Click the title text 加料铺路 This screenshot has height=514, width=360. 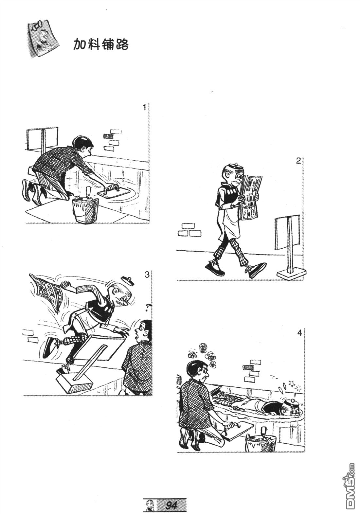pyautogui.click(x=101, y=44)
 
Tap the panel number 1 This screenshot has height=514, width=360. pyautogui.click(x=144, y=107)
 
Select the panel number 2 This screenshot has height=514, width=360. pyautogui.click(x=298, y=161)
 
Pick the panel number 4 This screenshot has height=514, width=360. pyautogui.click(x=299, y=333)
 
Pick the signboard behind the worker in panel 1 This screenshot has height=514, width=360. pyautogui.click(x=43, y=141)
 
